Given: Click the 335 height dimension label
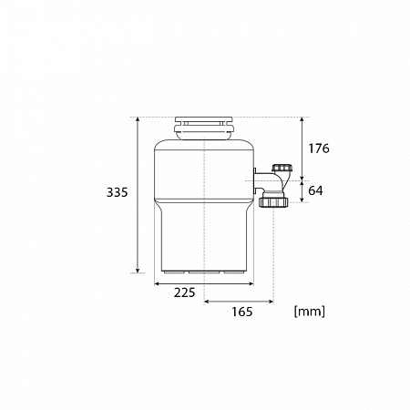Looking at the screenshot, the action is (x=118, y=192).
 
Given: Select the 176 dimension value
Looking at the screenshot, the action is (x=319, y=149).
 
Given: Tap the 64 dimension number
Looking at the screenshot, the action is (x=315, y=190).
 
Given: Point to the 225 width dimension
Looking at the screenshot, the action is (x=184, y=292).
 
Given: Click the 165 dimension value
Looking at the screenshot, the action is (x=242, y=312).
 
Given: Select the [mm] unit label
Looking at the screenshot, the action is (x=310, y=312).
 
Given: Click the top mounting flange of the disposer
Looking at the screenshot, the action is (x=204, y=128).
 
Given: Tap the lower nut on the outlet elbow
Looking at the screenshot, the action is (x=274, y=202).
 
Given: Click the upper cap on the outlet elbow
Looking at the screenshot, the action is (x=282, y=168).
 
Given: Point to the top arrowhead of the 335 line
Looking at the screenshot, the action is (x=138, y=119).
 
